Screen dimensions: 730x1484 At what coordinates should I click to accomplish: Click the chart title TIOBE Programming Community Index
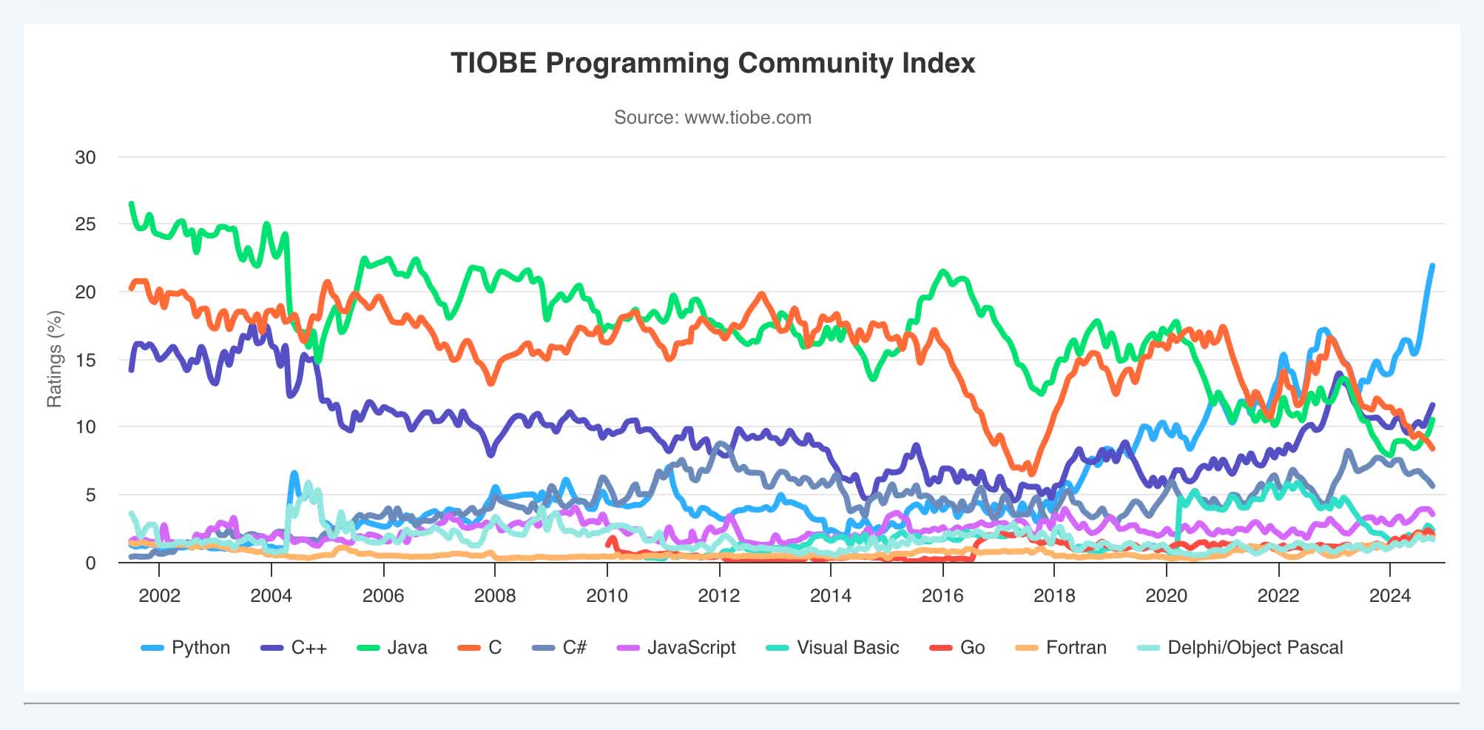tap(712, 64)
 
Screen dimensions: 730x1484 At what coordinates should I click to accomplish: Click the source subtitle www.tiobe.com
tap(712, 118)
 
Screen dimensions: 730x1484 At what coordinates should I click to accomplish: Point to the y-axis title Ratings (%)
tap(55, 359)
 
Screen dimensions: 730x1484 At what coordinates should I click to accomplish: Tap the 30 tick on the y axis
tap(86, 157)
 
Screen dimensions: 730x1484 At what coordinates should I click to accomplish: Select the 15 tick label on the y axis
tap(86, 360)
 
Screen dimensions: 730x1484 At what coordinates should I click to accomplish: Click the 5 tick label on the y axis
tap(90, 495)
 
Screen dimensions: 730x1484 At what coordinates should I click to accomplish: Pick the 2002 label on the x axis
tap(159, 596)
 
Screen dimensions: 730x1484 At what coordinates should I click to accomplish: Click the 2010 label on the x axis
tap(607, 596)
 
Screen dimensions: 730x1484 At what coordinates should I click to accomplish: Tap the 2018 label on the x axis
tap(1054, 596)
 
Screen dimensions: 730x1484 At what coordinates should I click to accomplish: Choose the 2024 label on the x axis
tap(1390, 596)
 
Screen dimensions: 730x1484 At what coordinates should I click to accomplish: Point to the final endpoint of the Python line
tap(1433, 265)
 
